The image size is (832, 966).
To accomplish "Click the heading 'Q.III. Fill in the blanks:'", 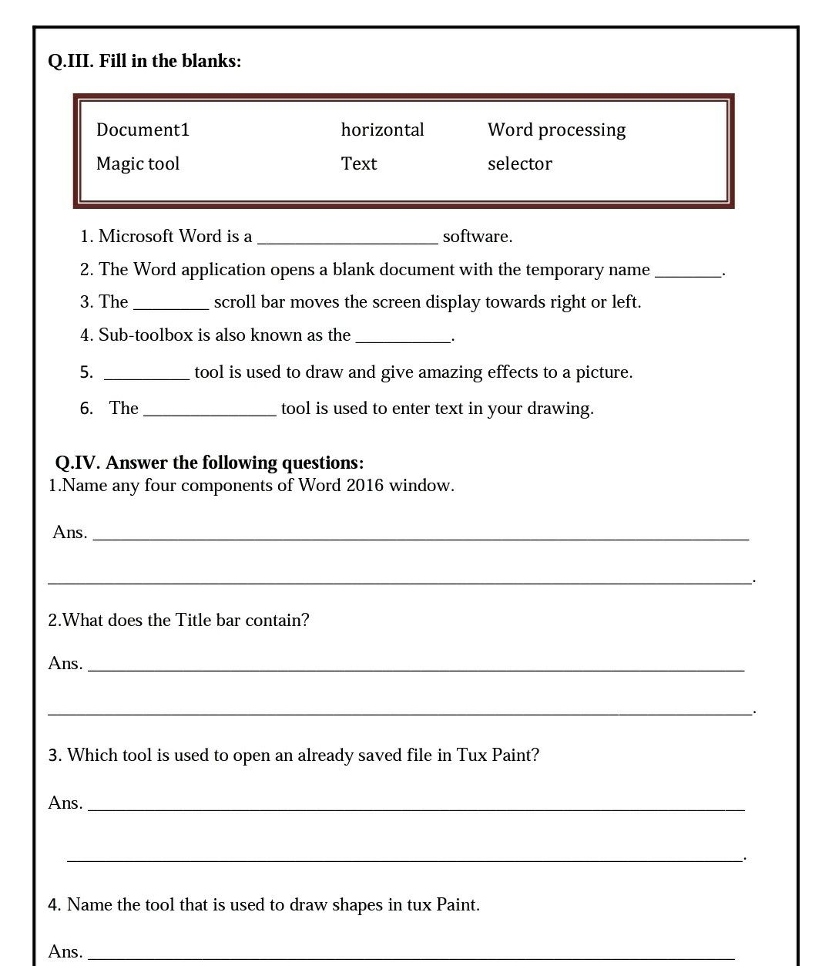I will tap(144, 61).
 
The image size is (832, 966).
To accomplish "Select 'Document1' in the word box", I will tap(143, 130).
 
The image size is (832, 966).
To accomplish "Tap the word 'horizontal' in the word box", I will tap(382, 130).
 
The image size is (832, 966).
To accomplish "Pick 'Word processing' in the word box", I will tap(556, 130).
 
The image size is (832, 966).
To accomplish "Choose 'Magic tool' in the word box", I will tap(137, 163).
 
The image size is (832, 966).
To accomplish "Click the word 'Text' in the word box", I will tap(358, 163).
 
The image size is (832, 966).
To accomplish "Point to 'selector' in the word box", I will tap(519, 163).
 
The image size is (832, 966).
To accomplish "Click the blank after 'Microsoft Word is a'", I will tap(347, 237).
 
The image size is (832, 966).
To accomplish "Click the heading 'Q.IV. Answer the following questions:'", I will tap(209, 463).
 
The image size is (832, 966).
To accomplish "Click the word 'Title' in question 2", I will tap(193, 621).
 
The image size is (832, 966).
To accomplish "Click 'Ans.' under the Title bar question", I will tap(65, 664).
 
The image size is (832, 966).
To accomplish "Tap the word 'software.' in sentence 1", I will tap(478, 237).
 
